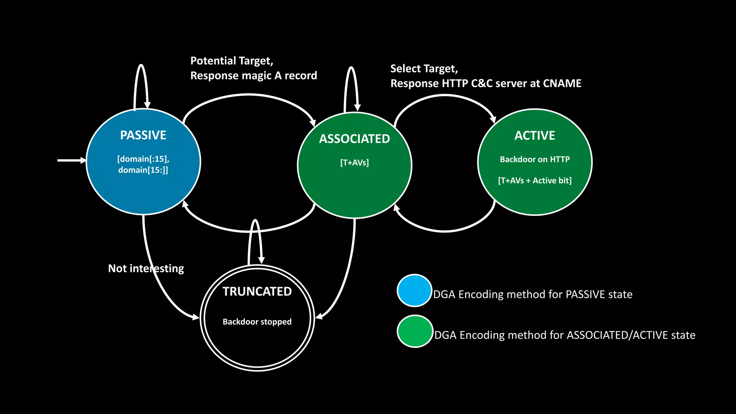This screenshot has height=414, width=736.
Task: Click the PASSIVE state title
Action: tap(143, 135)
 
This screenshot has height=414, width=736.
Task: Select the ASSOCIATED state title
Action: tap(354, 139)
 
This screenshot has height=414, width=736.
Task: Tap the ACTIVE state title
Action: tap(535, 135)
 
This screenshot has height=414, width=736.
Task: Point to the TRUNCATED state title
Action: tap(257, 291)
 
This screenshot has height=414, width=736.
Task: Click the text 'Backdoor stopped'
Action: tap(257, 322)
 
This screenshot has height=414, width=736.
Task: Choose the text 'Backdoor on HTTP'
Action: tap(535, 159)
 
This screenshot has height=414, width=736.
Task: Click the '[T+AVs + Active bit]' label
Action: tap(535, 180)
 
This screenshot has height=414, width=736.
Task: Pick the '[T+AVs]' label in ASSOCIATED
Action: tap(354, 162)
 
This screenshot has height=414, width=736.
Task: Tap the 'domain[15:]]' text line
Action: tap(143, 170)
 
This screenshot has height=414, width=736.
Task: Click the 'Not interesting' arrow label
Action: tap(146, 268)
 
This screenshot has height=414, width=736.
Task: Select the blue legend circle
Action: tap(414, 290)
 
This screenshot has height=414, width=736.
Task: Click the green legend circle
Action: tap(415, 331)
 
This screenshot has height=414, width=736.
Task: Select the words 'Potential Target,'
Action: tap(232, 61)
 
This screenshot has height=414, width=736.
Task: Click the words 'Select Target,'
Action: tap(424, 69)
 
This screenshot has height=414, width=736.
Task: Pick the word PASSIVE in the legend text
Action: tap(581, 294)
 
